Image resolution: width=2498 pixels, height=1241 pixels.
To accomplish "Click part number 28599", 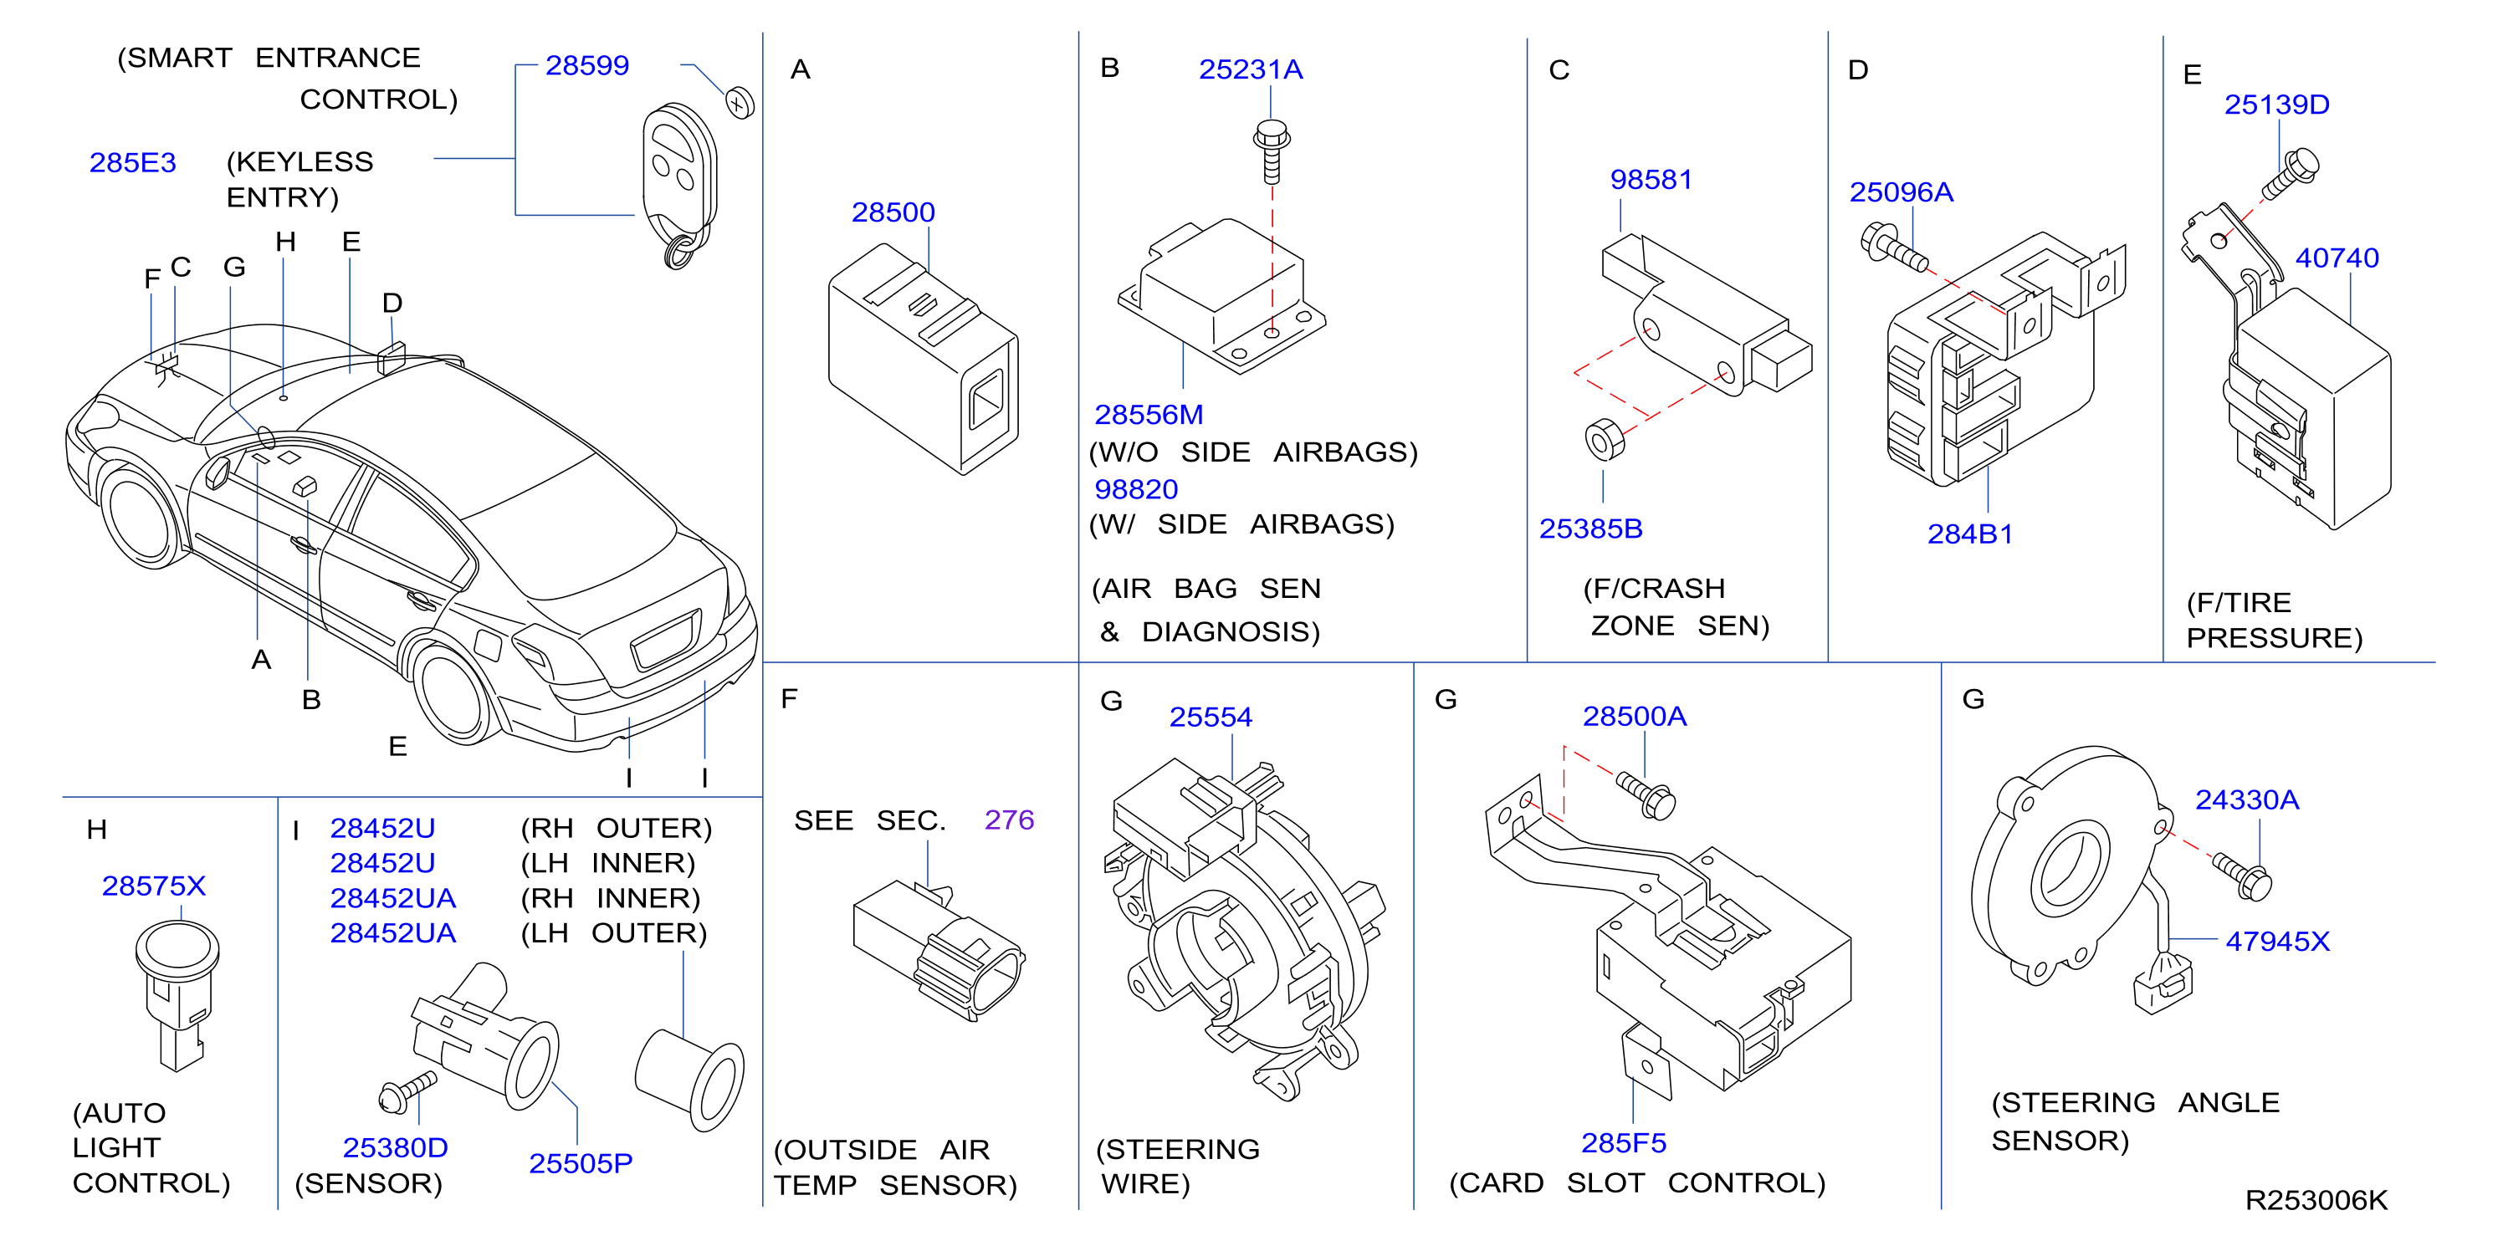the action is (586, 66).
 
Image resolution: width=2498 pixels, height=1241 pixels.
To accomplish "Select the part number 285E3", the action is (133, 163).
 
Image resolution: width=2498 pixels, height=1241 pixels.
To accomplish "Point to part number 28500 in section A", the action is (893, 212).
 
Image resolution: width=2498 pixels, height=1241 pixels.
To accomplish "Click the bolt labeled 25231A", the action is (1272, 151).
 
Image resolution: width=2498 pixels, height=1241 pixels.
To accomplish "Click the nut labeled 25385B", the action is (1604, 439).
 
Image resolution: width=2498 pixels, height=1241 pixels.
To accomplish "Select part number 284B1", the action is (1969, 534).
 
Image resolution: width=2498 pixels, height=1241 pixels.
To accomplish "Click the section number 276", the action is (1009, 820).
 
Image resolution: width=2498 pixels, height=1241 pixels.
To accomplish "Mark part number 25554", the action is (1211, 718).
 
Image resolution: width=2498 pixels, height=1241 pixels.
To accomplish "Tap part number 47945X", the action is (2277, 942).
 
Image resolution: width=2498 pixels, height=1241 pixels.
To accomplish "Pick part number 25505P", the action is (580, 1163).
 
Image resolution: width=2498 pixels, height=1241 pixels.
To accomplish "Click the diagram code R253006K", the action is (2316, 1200).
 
